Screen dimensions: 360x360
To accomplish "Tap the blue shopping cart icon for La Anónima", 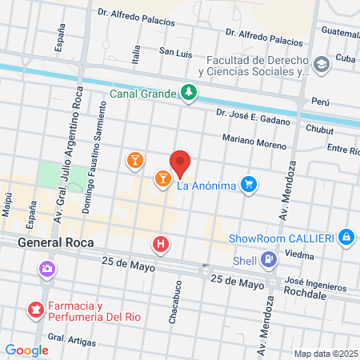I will click(250, 185).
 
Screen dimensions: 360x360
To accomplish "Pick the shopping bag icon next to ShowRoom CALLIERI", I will click(346, 238).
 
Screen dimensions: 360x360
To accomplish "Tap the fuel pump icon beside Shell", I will click(269, 258).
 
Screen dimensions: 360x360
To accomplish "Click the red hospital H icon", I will click(162, 244).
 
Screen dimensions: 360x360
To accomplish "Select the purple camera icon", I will click(48, 267).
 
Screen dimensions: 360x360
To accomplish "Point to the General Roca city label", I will click(55, 242).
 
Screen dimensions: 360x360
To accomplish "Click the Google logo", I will click(26, 350).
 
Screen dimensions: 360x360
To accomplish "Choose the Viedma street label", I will click(299, 255).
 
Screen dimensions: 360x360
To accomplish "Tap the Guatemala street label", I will click(338, 32).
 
